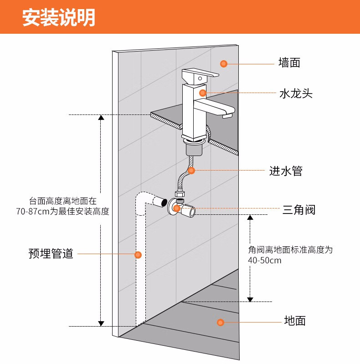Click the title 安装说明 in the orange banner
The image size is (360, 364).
(x=59, y=17)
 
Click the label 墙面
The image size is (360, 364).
(x=289, y=62)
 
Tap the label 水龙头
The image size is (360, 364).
(x=295, y=94)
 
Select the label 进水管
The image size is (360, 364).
(x=286, y=171)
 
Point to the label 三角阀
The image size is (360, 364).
(x=298, y=210)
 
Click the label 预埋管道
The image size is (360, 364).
(x=51, y=254)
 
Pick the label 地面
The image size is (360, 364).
(x=294, y=321)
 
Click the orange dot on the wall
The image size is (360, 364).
(x=223, y=63)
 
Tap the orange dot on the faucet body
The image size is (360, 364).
(x=203, y=93)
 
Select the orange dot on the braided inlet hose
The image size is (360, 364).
(x=191, y=171)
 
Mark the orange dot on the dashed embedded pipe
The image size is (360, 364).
(x=138, y=255)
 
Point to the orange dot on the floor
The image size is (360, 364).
(x=221, y=322)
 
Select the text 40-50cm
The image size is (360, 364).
(x=265, y=260)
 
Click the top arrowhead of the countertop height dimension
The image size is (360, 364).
(x=101, y=118)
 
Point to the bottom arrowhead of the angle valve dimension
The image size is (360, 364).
(x=250, y=299)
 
